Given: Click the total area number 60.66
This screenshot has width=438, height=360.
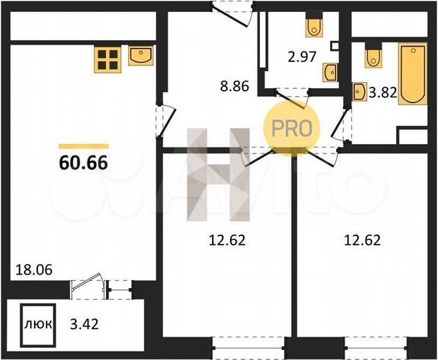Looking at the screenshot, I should (x=83, y=161).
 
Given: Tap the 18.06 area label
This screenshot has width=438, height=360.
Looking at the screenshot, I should (x=33, y=270).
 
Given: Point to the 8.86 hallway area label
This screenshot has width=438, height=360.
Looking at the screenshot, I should (x=235, y=85).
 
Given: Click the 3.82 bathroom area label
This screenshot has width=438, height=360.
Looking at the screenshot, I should (x=383, y=93).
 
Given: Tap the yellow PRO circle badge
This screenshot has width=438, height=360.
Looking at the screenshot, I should (x=292, y=127).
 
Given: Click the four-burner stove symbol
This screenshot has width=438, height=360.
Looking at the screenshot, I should (x=107, y=58).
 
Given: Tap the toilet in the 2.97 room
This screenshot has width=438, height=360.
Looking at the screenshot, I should (x=313, y=27).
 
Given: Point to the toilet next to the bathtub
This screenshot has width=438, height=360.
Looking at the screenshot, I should (x=372, y=57).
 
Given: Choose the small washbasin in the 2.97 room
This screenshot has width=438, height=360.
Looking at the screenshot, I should (x=329, y=71).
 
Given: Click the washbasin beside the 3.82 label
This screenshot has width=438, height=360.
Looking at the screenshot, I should (x=359, y=90).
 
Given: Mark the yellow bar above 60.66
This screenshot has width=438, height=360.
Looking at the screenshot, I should (x=83, y=145).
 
